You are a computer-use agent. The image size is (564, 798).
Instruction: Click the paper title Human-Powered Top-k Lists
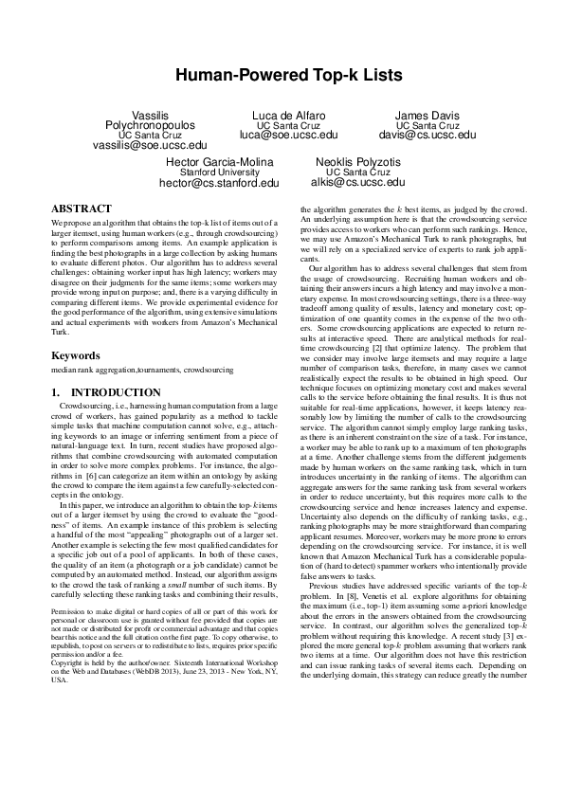tap(282, 74)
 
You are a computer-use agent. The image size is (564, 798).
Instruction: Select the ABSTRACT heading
tap(82, 207)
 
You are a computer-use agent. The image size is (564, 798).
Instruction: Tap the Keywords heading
tap(77, 356)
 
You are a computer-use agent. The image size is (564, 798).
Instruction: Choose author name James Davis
tap(428, 115)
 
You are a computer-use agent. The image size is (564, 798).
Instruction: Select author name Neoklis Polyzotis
tap(357, 162)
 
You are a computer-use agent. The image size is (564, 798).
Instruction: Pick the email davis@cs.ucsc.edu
tap(428, 136)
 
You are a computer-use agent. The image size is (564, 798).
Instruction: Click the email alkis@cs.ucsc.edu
tap(357, 182)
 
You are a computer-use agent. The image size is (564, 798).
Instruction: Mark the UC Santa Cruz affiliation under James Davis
tap(428, 125)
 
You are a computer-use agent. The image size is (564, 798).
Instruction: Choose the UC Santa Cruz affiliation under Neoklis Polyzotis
tap(357, 172)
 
